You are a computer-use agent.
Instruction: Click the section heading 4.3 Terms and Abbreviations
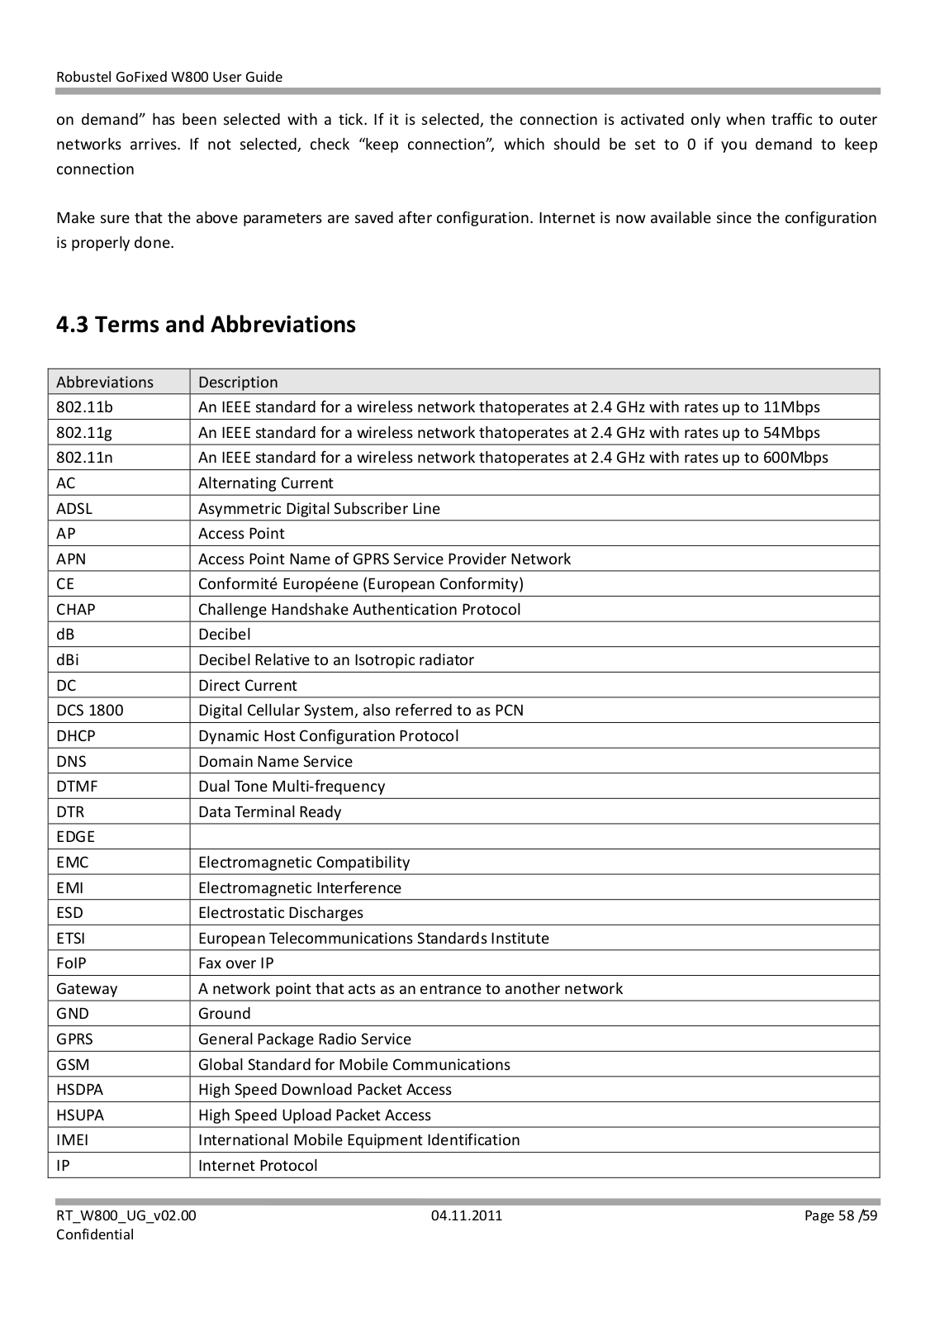[206, 324]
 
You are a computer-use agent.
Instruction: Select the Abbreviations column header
[105, 382]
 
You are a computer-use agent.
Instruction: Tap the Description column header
[238, 382]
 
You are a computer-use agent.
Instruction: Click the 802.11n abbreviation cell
[84, 458]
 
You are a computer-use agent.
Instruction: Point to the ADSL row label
[74, 508]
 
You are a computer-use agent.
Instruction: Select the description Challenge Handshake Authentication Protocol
[359, 610]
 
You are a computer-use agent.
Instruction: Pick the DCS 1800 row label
[90, 711]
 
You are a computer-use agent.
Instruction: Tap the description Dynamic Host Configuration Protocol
[328, 736]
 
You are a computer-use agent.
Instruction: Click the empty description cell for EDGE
[534, 837]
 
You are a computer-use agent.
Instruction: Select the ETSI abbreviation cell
[71, 939]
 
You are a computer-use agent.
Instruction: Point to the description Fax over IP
[236, 963]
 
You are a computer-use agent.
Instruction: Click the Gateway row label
[87, 989]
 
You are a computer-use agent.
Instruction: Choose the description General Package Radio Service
[305, 1039]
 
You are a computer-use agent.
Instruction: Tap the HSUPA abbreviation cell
[80, 1115]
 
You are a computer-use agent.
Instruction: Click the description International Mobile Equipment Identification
[359, 1140]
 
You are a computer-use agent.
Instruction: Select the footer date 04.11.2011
[467, 1215]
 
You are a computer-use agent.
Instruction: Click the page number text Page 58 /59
[841, 1215]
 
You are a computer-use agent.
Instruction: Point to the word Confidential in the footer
[95, 1234]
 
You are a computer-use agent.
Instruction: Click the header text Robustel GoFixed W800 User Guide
[169, 77]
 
